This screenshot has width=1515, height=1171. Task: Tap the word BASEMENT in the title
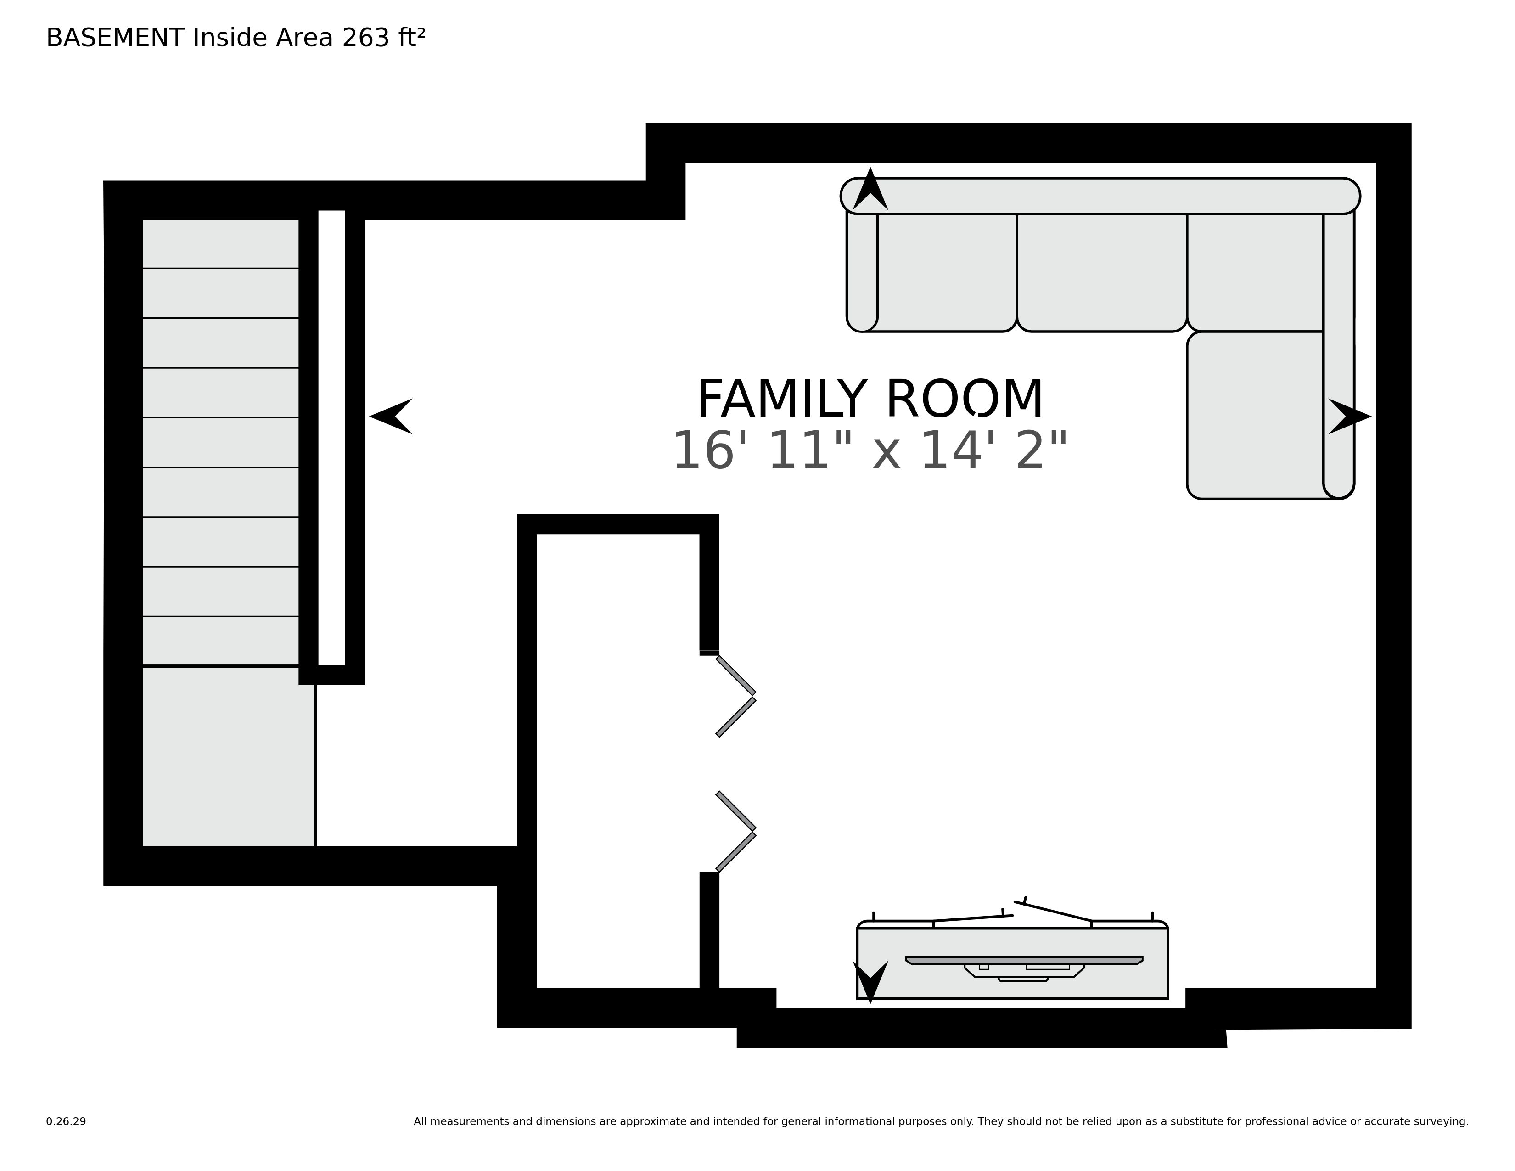pos(115,38)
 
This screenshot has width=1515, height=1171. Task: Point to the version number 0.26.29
pos(66,1121)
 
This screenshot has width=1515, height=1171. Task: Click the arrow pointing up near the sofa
pos(870,191)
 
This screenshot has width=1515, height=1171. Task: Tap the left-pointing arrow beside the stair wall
pos(392,416)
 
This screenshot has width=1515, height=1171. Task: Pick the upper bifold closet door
pos(736,696)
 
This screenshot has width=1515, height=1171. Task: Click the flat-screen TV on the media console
pos(1024,961)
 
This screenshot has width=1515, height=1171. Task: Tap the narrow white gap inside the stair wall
pos(331,437)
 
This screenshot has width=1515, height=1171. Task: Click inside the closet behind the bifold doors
pos(617,763)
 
